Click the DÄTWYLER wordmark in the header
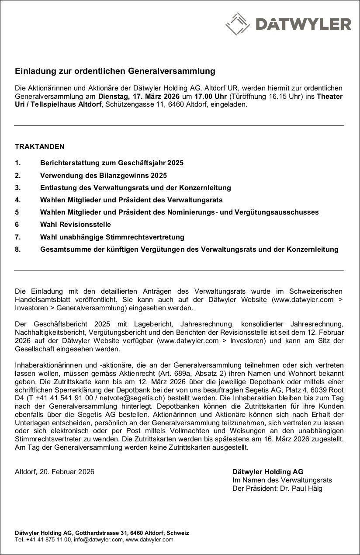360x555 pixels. tap(303, 24)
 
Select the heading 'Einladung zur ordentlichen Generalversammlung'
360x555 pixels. tap(115, 70)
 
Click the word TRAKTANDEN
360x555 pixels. tap(40, 147)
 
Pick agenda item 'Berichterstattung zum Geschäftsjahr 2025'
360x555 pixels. tap(112, 163)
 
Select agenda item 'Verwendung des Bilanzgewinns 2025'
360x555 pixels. tap(104, 175)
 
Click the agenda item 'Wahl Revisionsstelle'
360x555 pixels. tap(76, 225)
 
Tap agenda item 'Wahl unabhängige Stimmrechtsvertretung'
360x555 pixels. tap(112, 237)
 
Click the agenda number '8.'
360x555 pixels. tap(18, 250)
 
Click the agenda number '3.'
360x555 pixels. tap(18, 187)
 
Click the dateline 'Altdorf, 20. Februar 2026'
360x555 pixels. tap(55, 472)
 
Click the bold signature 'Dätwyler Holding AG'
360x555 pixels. tap(268, 472)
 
